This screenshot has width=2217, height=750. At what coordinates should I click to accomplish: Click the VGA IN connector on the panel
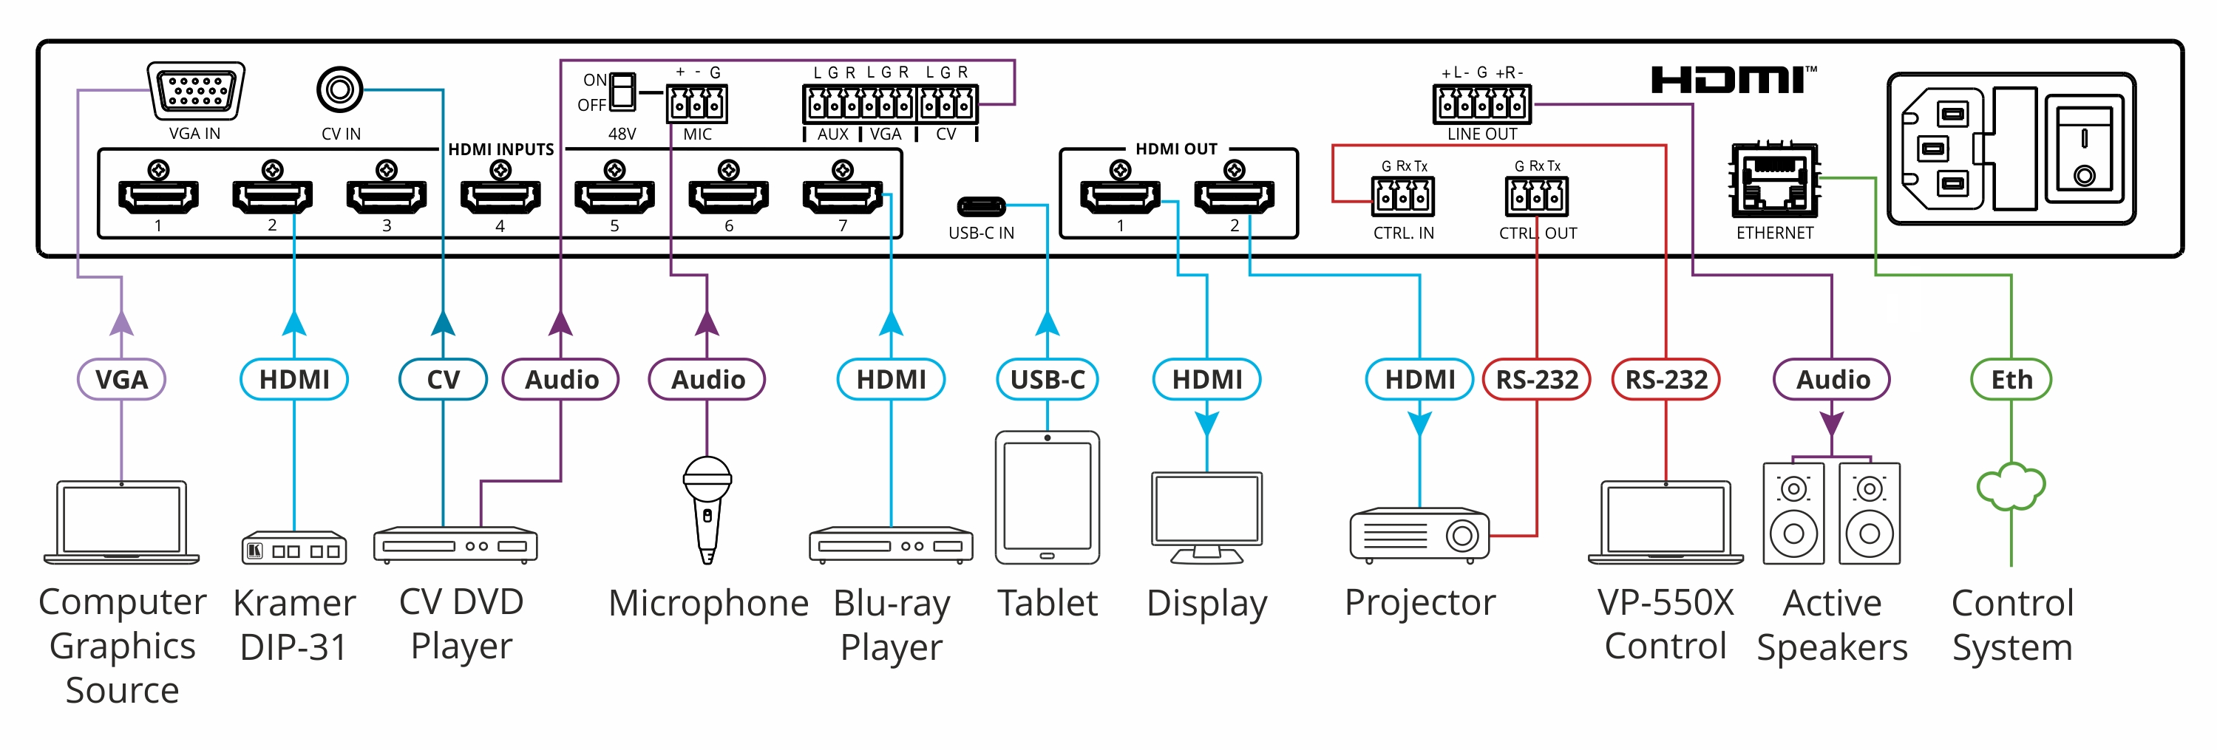point(196,90)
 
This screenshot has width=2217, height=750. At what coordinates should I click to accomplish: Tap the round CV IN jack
point(339,89)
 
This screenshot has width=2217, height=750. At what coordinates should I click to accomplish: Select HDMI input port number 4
point(500,196)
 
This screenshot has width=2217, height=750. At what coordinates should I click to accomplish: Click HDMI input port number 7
point(843,196)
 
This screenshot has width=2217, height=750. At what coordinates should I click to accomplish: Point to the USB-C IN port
point(981,206)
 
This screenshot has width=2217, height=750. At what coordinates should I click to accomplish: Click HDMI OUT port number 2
point(1234,196)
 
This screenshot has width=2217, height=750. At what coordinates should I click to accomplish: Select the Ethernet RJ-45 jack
point(1775,183)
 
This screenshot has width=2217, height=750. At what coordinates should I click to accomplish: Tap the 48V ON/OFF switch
point(622,91)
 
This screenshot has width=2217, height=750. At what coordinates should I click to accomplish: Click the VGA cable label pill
point(121,379)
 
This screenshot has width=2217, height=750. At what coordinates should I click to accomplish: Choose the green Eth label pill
point(2011,379)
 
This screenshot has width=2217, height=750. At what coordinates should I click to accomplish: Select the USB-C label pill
point(1048,379)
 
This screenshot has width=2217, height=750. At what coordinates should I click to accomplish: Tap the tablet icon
point(1048,497)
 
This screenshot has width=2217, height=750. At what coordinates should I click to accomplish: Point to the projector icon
point(1419,535)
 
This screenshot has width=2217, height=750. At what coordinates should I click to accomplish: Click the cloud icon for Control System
point(2011,488)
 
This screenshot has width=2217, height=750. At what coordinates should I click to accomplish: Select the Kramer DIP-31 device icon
point(294,548)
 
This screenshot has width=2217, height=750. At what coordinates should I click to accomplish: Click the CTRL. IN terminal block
point(1403,196)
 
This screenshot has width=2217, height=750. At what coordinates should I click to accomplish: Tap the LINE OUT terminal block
point(1481,105)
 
